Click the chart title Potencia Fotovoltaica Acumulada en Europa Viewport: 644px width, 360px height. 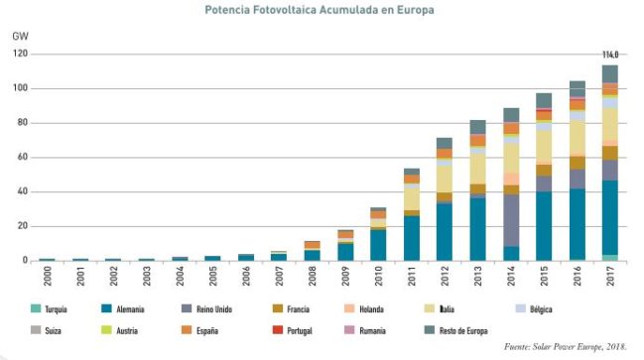tap(319, 10)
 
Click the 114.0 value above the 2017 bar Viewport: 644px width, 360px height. tap(610, 55)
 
